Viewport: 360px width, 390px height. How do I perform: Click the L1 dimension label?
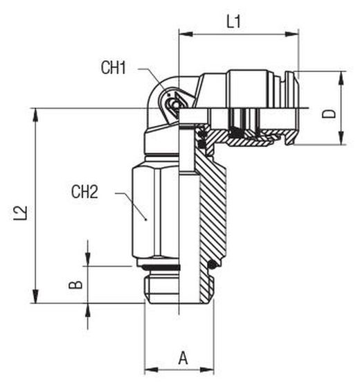[234, 21]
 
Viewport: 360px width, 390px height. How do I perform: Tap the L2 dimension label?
[20, 213]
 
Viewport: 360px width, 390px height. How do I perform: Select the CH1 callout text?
[114, 67]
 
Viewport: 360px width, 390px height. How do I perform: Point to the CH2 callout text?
[84, 192]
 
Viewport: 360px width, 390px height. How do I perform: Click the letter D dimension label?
[329, 114]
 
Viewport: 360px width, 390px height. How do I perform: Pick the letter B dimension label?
[75, 285]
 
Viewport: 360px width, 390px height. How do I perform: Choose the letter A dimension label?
[183, 358]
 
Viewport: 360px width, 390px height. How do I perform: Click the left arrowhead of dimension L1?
[186, 34]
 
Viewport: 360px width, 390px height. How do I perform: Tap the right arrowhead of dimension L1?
[291, 34]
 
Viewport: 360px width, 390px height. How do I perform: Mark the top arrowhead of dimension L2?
[36, 115]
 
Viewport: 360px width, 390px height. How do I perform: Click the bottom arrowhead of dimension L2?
[36, 296]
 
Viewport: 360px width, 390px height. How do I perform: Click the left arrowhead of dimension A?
[152, 370]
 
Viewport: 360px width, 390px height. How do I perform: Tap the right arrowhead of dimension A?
[207, 370]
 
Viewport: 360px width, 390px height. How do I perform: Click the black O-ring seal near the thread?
[212, 265]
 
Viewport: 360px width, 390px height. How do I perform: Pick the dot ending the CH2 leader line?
[146, 220]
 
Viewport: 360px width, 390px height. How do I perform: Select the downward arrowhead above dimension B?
[88, 259]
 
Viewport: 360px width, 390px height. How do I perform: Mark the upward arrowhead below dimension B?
[88, 310]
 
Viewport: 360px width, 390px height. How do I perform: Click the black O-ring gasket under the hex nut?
[161, 267]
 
